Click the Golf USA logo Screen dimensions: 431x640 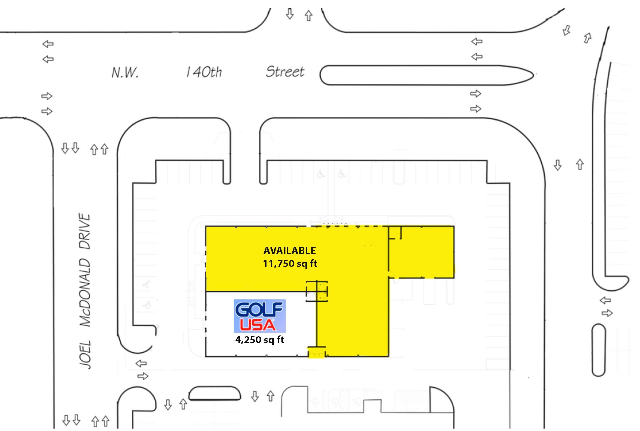[x=259, y=316]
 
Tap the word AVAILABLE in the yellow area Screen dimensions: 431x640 [x=289, y=251]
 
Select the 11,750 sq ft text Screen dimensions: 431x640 [x=290, y=263]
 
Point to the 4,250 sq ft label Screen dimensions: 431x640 [x=260, y=340]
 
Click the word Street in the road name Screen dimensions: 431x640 [x=285, y=71]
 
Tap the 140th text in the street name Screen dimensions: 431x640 [x=204, y=72]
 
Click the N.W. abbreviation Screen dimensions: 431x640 [x=125, y=73]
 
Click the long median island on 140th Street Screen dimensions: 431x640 [x=426, y=75]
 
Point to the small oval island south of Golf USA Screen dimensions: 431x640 [x=215, y=394]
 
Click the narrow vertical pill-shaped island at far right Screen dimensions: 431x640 [x=598, y=350]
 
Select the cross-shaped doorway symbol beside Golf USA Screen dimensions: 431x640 [x=317, y=291]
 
